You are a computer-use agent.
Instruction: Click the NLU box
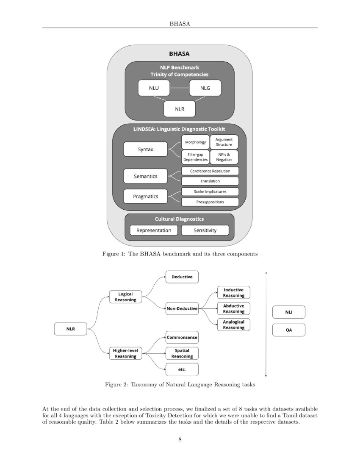point(154,88)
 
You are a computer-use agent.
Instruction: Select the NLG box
point(205,88)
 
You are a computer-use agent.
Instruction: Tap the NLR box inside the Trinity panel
point(180,109)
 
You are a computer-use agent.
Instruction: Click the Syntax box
point(145,149)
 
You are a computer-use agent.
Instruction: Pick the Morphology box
point(195,142)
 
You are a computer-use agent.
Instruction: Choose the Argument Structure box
point(224,142)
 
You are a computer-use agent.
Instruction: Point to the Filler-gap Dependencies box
point(195,157)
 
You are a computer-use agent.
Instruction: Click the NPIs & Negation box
point(224,157)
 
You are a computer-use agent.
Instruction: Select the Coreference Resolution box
point(210,171)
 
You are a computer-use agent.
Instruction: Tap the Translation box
point(210,181)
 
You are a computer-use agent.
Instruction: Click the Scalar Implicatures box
point(210,191)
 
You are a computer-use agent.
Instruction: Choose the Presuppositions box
point(210,202)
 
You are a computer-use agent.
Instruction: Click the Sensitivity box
point(205,230)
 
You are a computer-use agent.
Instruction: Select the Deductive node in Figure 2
point(182,277)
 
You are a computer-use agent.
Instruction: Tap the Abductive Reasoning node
point(234,308)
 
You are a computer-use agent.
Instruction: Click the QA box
point(288,330)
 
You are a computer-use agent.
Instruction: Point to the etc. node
point(182,369)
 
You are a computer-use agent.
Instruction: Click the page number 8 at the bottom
point(180,439)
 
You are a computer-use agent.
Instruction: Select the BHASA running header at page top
point(180,23)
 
